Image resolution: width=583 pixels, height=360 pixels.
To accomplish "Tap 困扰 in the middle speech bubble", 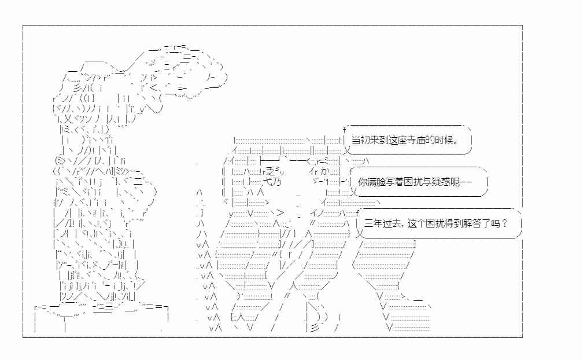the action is [x=413, y=182].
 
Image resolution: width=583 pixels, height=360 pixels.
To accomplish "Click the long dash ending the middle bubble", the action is [x=466, y=182].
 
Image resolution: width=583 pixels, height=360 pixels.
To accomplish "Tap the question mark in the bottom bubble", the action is [x=504, y=223].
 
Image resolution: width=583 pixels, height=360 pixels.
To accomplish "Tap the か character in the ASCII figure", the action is [x=324, y=171].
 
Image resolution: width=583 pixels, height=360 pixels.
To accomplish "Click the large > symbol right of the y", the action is [x=281, y=213].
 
